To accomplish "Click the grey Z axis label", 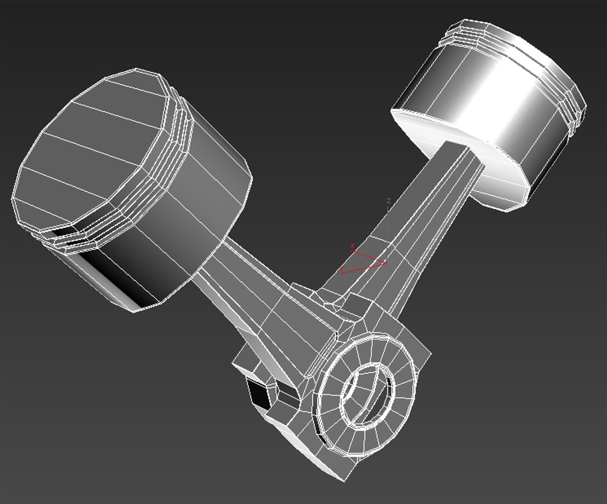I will [388, 201].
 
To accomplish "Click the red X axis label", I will [352, 245].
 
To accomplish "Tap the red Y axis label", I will [343, 270].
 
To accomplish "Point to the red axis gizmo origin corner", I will [385, 263].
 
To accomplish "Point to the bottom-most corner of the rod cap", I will [345, 480].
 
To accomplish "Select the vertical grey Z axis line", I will [388, 219].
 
